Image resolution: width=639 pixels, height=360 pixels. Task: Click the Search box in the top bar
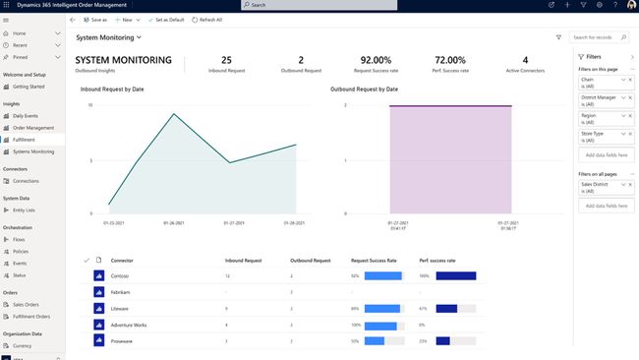click(x=319, y=5)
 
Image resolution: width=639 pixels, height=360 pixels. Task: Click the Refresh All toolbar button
click(x=206, y=20)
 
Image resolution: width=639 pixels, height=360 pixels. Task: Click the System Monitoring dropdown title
click(x=109, y=38)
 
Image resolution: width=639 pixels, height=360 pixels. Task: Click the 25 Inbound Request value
click(x=226, y=60)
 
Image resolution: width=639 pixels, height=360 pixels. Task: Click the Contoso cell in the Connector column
click(x=123, y=276)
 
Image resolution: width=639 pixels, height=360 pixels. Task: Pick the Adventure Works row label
click(x=130, y=324)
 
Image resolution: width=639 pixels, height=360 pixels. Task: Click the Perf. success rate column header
click(x=437, y=260)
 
